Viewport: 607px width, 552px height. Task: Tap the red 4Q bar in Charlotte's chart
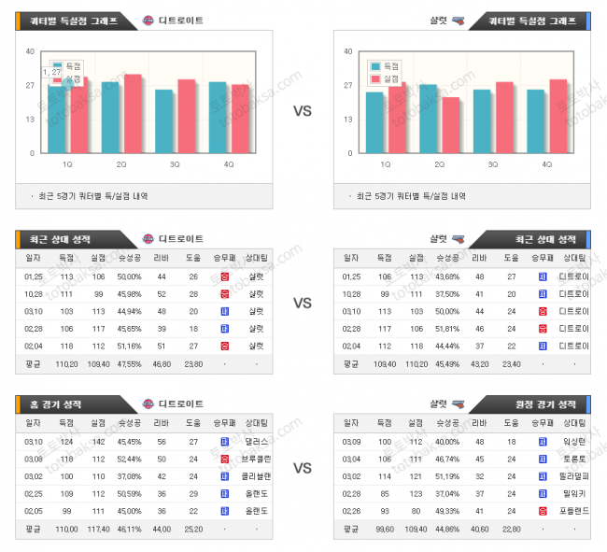[558, 116]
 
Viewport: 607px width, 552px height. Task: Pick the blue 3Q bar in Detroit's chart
[164, 121]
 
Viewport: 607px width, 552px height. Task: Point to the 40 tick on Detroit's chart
[31, 52]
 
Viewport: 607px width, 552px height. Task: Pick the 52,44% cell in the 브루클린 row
[129, 459]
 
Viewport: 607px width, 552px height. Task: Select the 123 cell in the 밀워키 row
[415, 493]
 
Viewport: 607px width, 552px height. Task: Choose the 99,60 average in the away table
[384, 529]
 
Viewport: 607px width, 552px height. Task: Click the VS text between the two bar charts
[303, 111]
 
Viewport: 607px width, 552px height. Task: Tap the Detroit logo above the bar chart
[148, 21]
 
